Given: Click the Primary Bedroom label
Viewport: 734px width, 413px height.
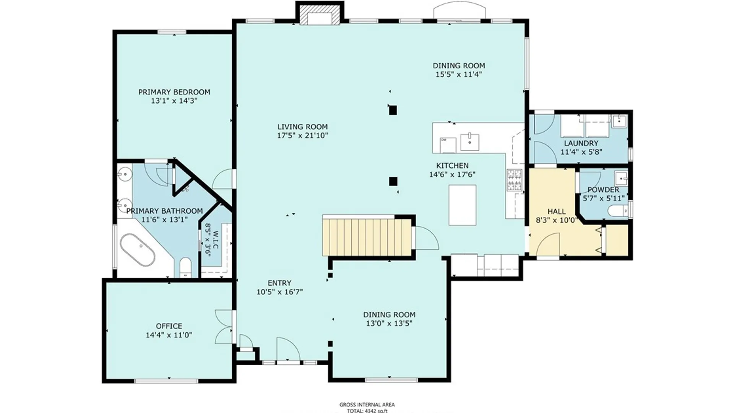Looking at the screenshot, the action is coord(174,92).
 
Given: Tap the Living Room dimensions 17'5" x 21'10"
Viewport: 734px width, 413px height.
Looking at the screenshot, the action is coord(302,135).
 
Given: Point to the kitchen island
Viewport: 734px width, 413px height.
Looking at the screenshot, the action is coord(463,205).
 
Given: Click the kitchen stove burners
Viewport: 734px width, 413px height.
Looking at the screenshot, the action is coord(514,180).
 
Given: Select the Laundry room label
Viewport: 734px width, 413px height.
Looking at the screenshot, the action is coord(581,143).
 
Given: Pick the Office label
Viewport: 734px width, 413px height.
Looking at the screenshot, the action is coord(169,326).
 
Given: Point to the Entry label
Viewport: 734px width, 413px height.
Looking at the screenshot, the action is coord(279,283).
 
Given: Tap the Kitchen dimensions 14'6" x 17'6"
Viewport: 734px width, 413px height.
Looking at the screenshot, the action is coord(452,175).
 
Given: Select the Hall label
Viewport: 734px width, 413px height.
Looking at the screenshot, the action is coord(557,211).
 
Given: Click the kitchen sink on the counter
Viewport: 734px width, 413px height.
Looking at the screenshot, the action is coord(469,142).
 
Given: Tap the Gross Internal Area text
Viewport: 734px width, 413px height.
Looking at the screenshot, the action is coord(367,405).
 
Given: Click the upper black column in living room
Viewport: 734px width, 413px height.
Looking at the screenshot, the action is coord(393,111).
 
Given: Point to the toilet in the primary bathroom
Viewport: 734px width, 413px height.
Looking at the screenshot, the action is coord(185,267).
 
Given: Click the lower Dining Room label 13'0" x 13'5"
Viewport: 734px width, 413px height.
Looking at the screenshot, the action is coord(389,319).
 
